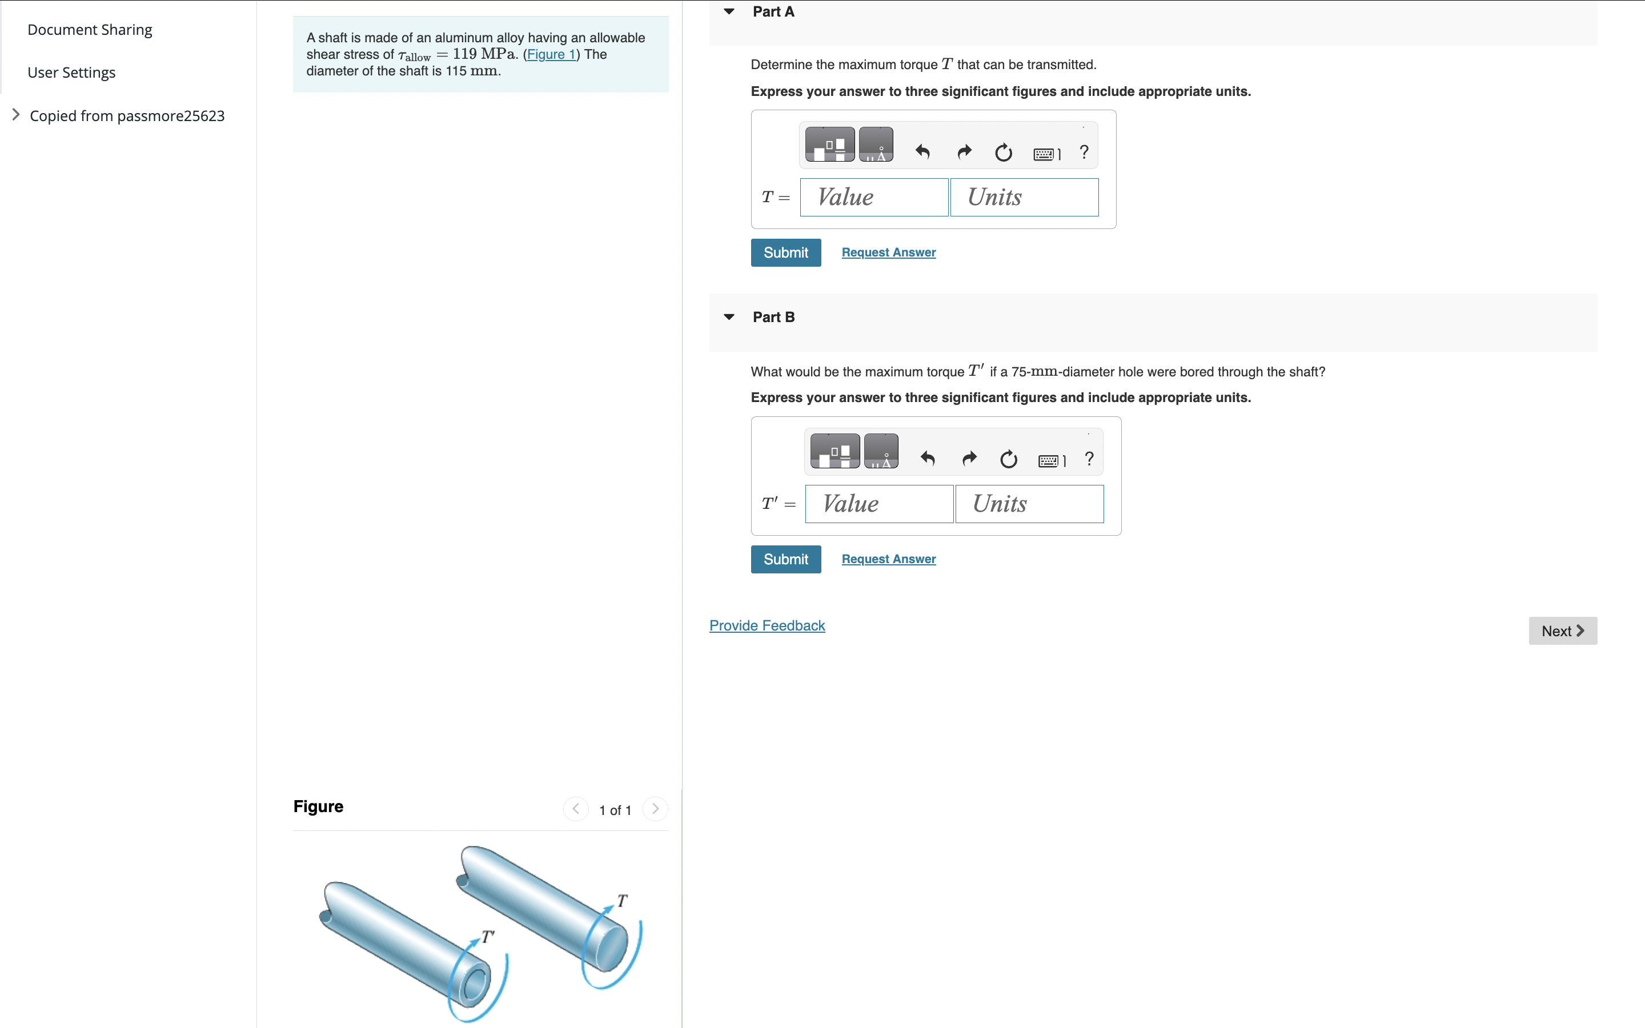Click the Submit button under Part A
pos(785,253)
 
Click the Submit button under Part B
pos(785,560)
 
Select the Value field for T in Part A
pos(873,198)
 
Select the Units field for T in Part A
pos(1024,198)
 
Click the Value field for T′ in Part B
pos(879,504)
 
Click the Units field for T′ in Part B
pos(1029,504)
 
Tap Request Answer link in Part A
pos(888,252)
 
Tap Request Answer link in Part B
pos(888,559)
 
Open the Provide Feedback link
pos(767,625)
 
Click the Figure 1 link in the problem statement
pos(551,54)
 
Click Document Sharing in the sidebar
pos(90,30)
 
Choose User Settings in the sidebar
pos(71,73)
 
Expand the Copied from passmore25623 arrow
pos(15,115)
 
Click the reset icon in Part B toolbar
pos(1009,460)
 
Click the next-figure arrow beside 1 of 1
pos(655,809)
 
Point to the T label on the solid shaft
pos(622,901)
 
